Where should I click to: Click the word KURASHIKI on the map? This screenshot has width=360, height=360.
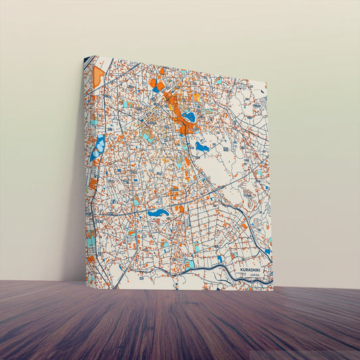[x=253, y=270]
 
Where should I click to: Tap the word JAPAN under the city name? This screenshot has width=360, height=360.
[x=254, y=276]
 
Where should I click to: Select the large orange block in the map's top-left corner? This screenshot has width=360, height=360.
[x=99, y=75]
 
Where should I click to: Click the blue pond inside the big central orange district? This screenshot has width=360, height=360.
[x=190, y=117]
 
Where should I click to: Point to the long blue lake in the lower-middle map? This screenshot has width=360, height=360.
[x=159, y=213]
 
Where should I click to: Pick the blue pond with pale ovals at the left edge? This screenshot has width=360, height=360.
[x=99, y=148]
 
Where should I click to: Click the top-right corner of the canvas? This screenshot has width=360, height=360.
[x=267, y=84]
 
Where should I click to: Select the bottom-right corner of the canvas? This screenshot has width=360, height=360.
[x=274, y=290]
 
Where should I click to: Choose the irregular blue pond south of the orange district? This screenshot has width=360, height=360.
[x=201, y=146]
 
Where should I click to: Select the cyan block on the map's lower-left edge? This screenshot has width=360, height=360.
[x=91, y=239]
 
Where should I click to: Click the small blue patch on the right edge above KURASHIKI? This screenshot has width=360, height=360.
[x=268, y=251]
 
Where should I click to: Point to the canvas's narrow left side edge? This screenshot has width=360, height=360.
[x=85, y=169]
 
